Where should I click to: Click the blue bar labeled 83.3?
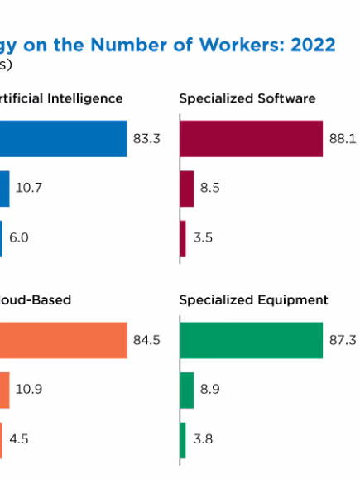tap(63, 139)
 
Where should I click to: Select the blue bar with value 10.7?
tap(5, 188)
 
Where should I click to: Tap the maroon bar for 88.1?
tap(251, 139)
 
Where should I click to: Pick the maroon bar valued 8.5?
tap(186, 188)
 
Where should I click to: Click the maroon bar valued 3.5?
tap(183, 237)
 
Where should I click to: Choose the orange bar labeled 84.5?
tap(63, 341)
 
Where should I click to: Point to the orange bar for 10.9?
tap(5, 390)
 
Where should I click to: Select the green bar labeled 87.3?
tap(251, 341)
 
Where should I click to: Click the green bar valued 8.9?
tap(187, 390)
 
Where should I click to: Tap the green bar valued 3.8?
tap(183, 439)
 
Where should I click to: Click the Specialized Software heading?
tap(247, 98)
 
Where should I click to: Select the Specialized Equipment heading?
tap(253, 300)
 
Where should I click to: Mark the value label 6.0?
tap(19, 237)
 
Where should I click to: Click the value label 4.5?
tap(19, 439)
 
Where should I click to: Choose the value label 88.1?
tap(342, 139)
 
